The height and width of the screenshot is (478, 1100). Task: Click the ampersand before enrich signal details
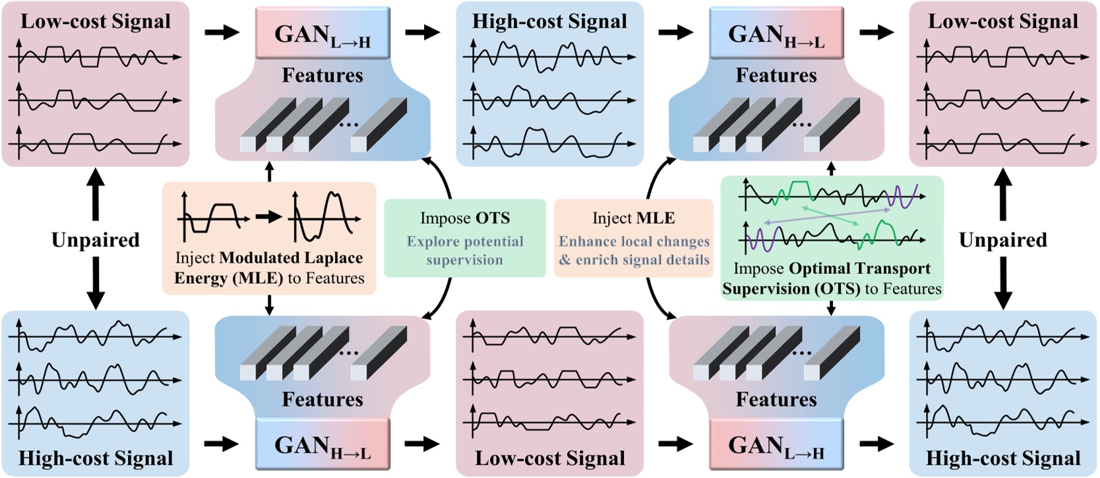(565, 260)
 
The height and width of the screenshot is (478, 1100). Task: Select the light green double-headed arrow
(830, 215)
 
